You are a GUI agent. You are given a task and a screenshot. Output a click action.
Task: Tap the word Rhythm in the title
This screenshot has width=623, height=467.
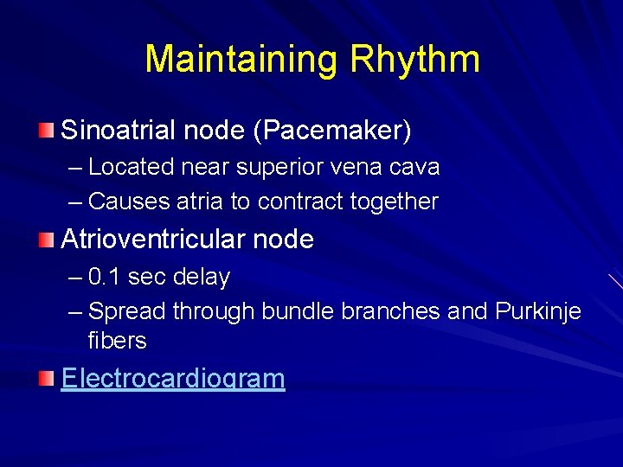(x=414, y=60)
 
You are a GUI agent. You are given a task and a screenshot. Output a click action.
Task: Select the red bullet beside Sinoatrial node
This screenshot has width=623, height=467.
(x=46, y=131)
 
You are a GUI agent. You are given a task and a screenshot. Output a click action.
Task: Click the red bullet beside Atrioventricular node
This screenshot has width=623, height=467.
(x=46, y=240)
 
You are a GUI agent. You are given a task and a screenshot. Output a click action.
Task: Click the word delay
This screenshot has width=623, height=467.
(x=202, y=278)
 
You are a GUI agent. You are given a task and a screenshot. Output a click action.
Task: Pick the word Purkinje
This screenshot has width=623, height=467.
(x=538, y=311)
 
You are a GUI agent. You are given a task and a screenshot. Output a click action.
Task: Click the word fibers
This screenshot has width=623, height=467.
(x=118, y=341)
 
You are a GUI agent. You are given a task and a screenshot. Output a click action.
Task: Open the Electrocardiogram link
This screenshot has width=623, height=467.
(x=173, y=379)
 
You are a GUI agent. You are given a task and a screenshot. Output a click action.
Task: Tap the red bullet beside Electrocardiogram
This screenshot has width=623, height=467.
(x=46, y=379)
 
